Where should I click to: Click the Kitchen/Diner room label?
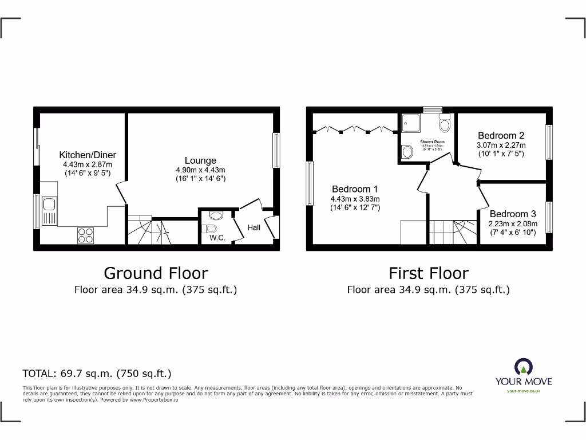(88, 155)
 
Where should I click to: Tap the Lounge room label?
(200, 160)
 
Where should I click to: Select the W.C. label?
(217, 237)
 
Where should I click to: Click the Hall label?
(254, 227)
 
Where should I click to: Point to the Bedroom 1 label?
(355, 189)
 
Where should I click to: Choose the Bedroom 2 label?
(501, 136)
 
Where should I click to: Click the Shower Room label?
(432, 142)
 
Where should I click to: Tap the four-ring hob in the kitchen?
(85, 235)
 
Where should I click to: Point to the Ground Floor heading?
(156, 273)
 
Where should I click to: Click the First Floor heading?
(428, 273)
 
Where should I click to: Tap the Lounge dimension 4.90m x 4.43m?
(200, 170)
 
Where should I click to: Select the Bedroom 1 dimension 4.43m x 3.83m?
(355, 199)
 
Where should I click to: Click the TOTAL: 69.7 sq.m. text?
(97, 374)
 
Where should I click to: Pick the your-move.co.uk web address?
(524, 391)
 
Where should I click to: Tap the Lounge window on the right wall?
(276, 150)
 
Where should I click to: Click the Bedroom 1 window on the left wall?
(310, 183)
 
